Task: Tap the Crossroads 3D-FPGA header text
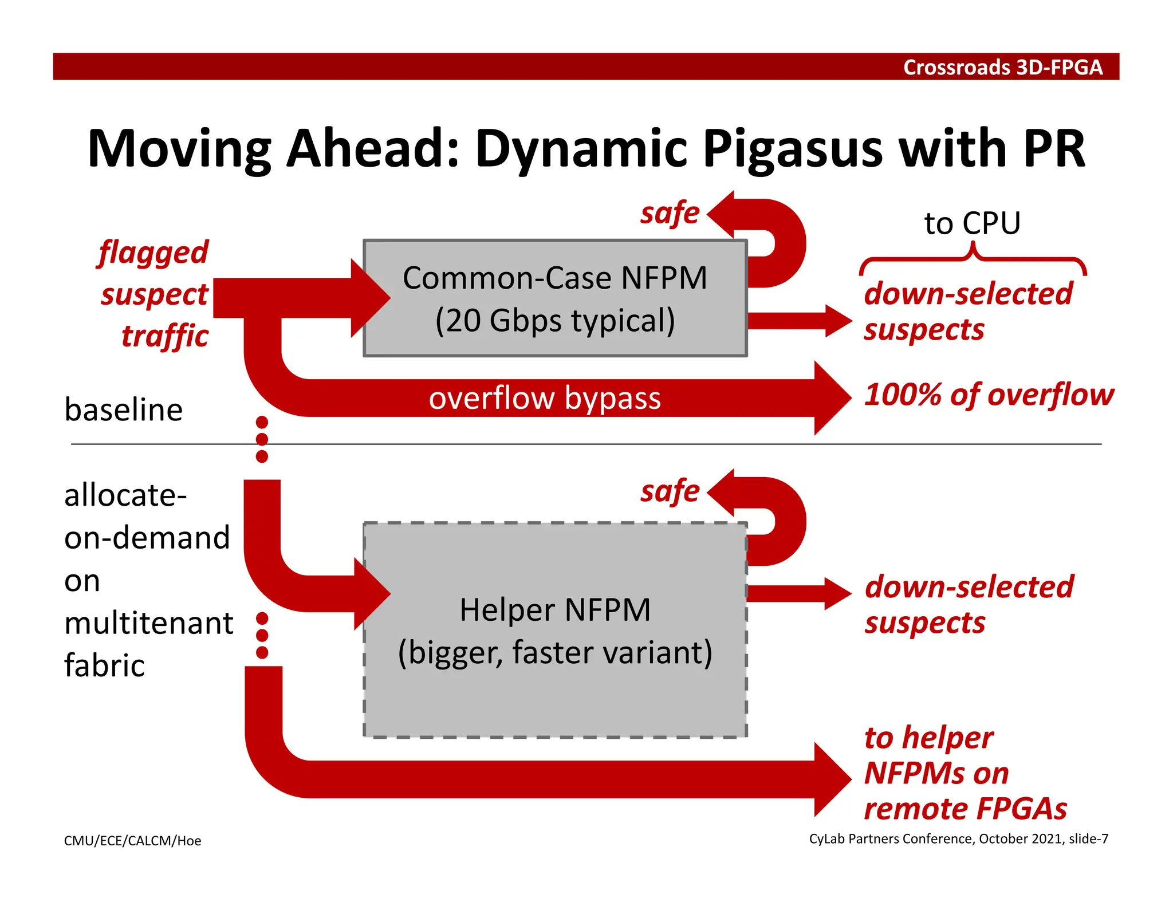pos(1002,67)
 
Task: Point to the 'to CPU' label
pos(972,223)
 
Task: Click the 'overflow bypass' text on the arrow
pos(544,398)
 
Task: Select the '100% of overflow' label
pos(989,395)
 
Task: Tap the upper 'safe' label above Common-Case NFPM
pos(670,214)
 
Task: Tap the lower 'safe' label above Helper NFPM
pos(670,491)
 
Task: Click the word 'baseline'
pos(123,410)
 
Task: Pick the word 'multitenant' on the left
pos(148,623)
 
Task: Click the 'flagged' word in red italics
pos(153,253)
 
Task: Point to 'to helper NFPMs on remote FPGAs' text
pos(965,773)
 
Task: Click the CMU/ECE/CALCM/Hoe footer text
pos(132,841)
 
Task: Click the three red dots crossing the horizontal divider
pos(262,439)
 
